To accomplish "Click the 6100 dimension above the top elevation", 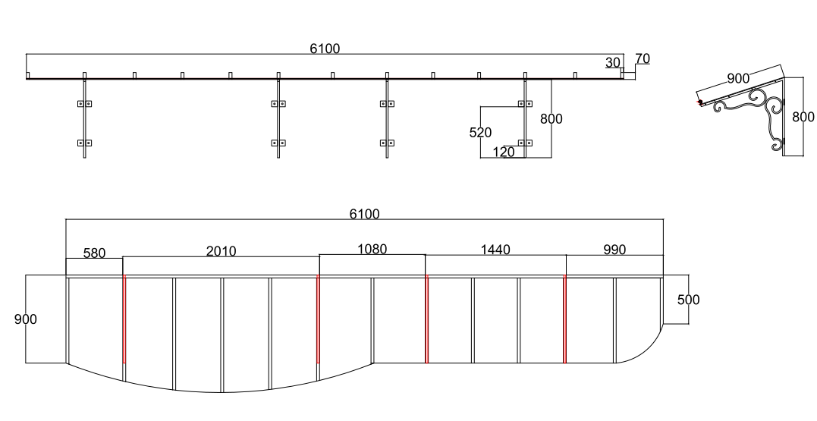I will point(325,49).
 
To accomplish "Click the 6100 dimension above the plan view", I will point(364,214).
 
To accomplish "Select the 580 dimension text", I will point(94,253).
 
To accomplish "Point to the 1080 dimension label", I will point(372,249).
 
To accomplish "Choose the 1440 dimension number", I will point(495,250).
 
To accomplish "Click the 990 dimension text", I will point(614,250).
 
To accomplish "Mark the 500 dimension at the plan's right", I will point(688,300).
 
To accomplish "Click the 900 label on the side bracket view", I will point(737,79).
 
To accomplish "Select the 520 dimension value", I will point(480,133).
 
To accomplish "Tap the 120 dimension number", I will point(503,152).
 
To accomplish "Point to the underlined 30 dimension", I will point(612,62).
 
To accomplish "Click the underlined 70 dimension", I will point(642,58).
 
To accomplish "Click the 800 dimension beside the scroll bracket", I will point(803,118).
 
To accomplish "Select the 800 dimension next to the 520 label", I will point(551,119).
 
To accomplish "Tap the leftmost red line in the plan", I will point(124,319).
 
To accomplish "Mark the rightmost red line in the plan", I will point(565,319).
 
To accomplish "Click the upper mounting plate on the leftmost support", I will point(85,103).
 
